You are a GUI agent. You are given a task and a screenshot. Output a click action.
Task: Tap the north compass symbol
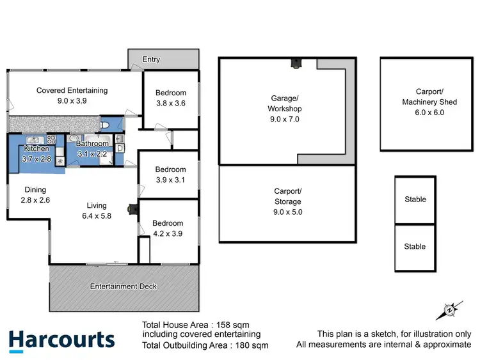449,311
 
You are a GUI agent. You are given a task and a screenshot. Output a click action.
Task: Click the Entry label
151,59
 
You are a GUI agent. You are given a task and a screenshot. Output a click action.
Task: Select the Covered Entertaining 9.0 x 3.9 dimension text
72,100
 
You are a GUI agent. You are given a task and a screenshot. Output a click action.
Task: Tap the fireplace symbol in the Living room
132,208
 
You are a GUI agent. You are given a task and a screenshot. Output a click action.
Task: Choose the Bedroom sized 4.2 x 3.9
167,228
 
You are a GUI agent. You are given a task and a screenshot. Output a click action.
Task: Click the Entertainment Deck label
123,286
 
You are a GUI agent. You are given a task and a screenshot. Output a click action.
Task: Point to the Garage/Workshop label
285,108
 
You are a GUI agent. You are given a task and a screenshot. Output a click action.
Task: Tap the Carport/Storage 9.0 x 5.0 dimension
287,201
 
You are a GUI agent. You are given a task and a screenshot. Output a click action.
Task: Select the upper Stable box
415,200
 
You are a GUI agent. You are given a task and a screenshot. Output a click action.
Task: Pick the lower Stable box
415,246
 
